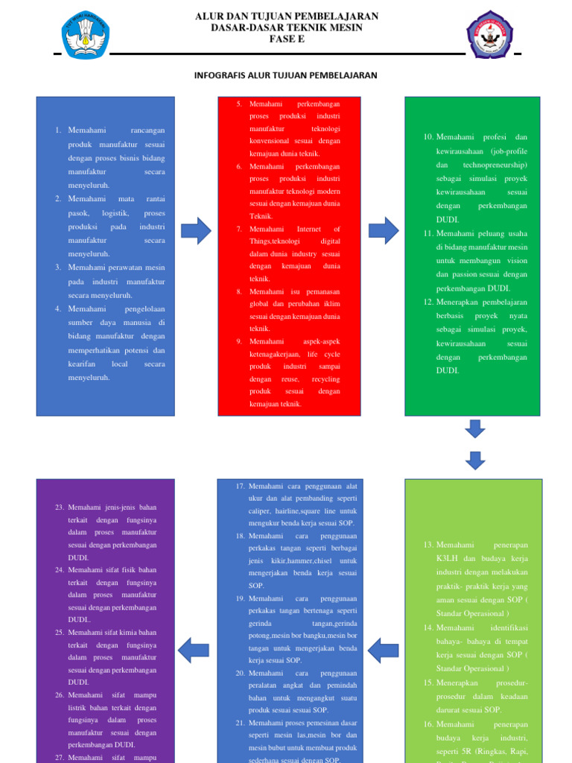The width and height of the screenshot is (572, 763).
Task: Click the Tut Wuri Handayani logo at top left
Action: [86, 35]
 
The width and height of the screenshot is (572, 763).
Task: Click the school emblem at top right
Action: [489, 34]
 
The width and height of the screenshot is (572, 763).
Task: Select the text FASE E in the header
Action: [287, 39]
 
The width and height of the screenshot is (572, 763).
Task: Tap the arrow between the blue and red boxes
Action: [196, 231]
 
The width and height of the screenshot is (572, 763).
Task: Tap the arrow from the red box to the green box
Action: [383, 231]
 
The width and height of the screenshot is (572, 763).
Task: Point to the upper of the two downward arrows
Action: [474, 428]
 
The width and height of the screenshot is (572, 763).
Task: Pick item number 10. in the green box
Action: [428, 137]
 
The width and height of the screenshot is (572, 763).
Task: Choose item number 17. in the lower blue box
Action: [240, 486]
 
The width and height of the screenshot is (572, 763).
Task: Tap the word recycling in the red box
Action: [325, 379]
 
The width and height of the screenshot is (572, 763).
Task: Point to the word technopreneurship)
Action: [495, 165]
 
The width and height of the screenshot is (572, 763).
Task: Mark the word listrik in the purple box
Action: [80, 707]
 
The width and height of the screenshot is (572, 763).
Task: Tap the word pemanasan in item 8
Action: [321, 291]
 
